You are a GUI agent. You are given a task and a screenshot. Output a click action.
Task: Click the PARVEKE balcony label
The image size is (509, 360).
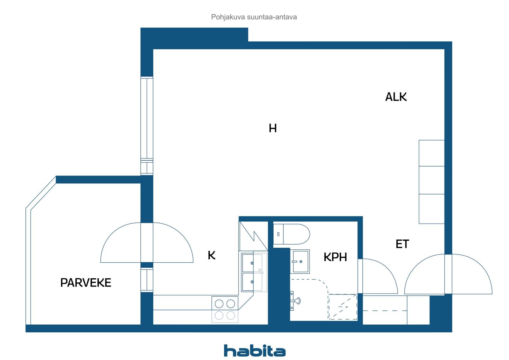[86, 283]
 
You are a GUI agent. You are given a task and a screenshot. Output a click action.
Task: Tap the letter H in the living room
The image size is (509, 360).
[273, 128]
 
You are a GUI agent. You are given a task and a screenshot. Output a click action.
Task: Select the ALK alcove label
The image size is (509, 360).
[396, 97]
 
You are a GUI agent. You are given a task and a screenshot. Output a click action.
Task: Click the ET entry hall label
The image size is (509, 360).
[402, 244]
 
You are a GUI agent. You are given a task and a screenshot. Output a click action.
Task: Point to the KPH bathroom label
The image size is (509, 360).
[335, 257]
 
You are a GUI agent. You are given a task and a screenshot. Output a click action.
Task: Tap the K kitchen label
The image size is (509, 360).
[212, 255]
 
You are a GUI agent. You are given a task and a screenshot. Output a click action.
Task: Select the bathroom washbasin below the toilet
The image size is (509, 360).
[300, 261]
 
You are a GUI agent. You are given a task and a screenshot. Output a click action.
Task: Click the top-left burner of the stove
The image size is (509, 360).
[219, 304]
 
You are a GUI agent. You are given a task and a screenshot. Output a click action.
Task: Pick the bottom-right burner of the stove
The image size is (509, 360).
[231, 315]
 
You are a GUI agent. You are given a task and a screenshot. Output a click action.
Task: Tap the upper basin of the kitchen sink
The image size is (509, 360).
[252, 263]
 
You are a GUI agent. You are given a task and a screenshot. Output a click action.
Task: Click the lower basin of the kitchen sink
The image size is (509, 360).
[252, 282]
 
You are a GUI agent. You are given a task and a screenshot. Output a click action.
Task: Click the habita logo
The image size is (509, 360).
[254, 350]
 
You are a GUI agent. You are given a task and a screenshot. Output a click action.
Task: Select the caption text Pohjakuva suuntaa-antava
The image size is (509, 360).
[254, 17]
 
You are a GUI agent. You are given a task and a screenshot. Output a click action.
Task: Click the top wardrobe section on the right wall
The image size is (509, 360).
[431, 153]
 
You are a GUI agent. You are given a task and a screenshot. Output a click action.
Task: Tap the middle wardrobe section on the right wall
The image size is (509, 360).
[431, 180]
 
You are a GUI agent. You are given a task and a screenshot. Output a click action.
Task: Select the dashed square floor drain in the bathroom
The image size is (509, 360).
[343, 307]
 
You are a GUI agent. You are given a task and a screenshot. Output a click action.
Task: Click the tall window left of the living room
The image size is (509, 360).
[147, 126]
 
